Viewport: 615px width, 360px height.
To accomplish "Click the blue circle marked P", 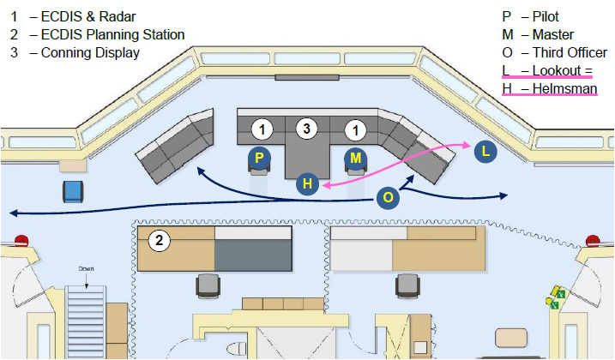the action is click(x=259, y=158).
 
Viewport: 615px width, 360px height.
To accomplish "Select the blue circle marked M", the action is click(x=355, y=158).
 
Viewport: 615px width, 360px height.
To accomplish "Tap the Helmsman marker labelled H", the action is click(x=307, y=183).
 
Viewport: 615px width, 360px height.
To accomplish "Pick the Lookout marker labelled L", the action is click(x=485, y=152).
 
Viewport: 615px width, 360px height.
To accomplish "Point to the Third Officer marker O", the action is click(x=388, y=197).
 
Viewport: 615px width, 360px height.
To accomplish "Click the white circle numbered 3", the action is click(x=307, y=129).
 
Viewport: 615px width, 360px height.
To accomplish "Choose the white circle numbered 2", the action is click(x=159, y=240).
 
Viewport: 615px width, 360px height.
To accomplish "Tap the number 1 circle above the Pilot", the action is click(x=262, y=129).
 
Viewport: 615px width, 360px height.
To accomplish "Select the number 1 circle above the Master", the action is click(x=355, y=130).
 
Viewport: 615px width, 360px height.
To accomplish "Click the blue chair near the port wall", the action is click(x=73, y=192).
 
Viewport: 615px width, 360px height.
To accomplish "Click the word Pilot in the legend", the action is click(x=546, y=16).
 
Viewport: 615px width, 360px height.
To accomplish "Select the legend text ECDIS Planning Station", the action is click(x=112, y=34).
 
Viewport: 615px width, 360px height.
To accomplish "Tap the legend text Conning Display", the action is click(x=90, y=52).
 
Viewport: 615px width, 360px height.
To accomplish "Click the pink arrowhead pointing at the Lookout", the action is click(x=467, y=145).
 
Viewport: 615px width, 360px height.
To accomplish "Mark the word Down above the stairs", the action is click(x=86, y=268).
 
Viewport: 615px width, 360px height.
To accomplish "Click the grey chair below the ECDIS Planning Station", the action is click(x=208, y=286).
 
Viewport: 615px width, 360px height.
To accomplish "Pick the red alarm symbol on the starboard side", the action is click(x=592, y=241).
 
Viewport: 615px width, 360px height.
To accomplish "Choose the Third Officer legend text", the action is click(x=570, y=52).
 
